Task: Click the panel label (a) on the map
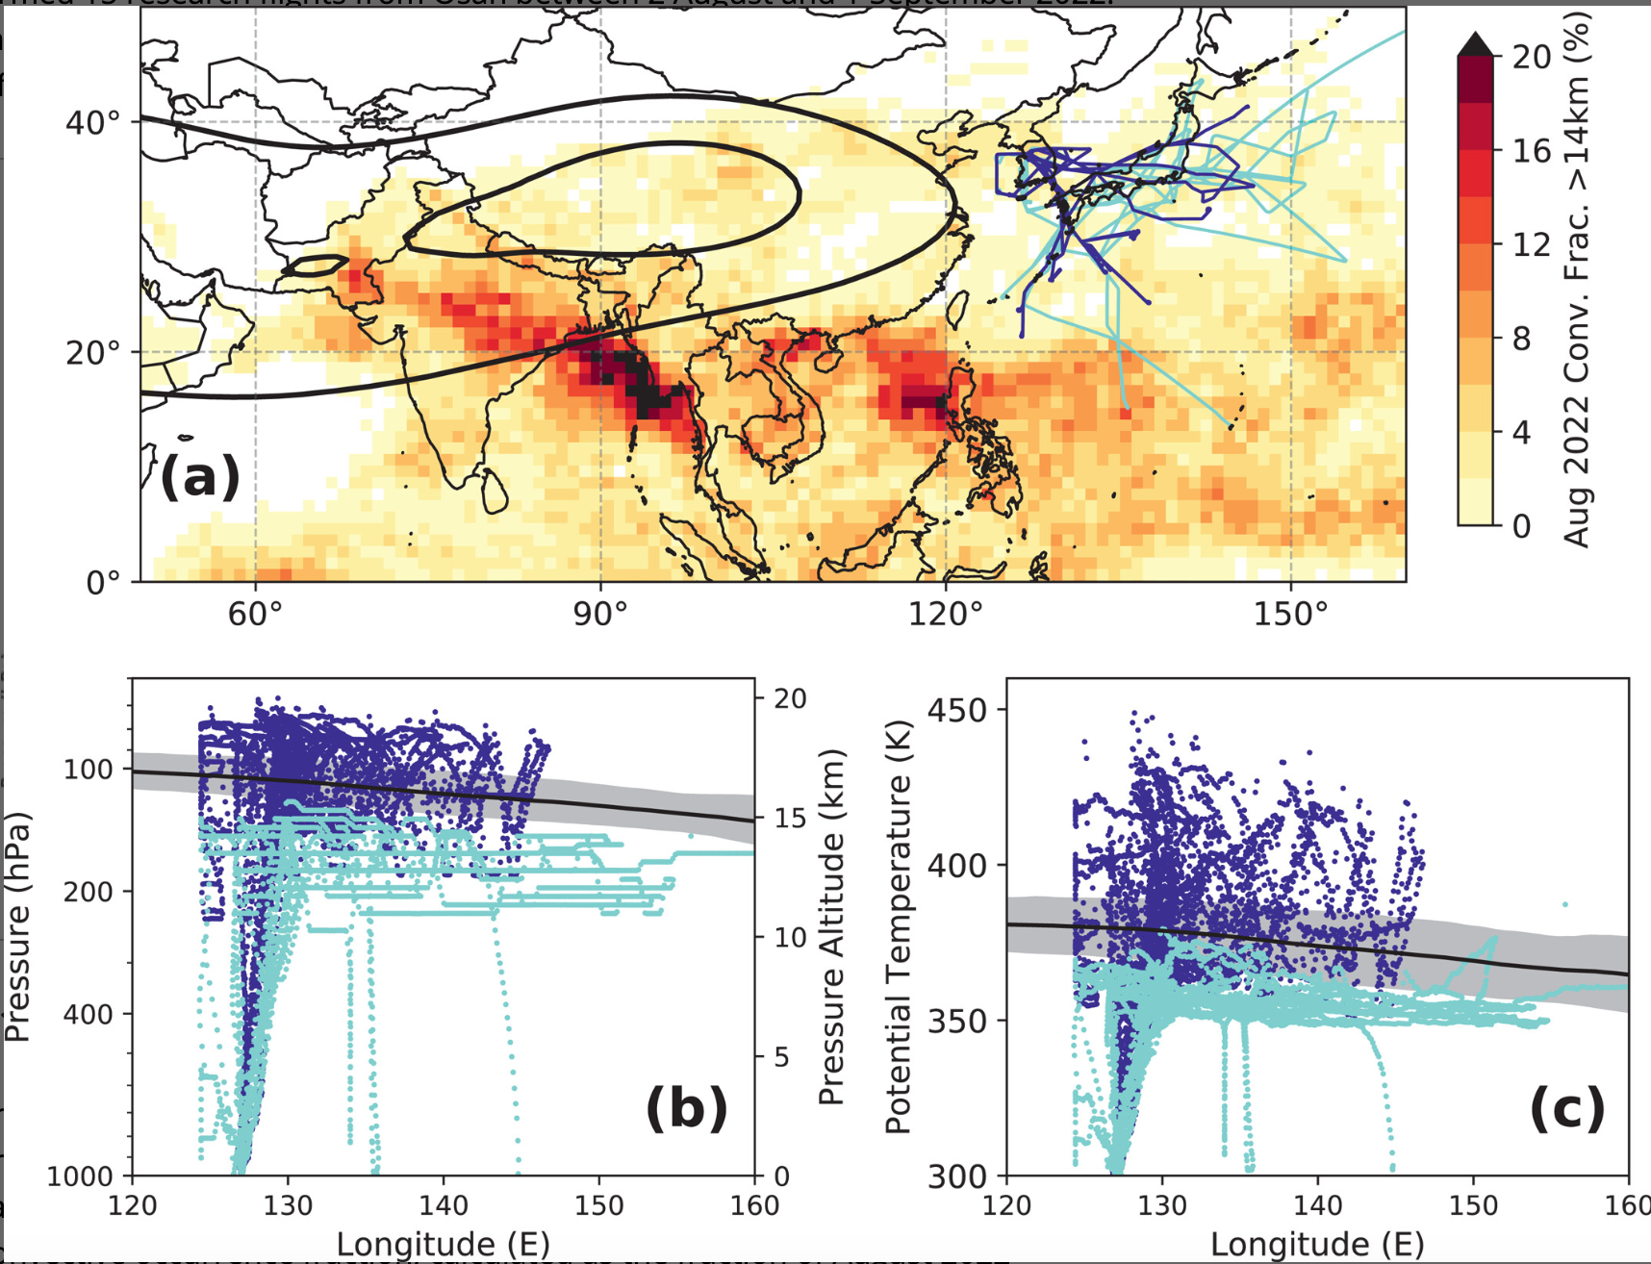199,476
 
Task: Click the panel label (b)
686,1107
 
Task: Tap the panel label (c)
1566,1107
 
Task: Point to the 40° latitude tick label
93,123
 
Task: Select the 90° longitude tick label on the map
599,613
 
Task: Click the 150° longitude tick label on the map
1290,613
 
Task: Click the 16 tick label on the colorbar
1531,151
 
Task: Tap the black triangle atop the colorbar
1475,43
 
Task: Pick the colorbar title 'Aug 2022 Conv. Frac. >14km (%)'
1576,279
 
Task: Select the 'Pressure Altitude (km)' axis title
831,927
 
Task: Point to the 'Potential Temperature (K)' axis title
897,927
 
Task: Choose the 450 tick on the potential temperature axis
957,711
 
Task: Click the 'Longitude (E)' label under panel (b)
443,1244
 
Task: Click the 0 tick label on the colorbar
1521,526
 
